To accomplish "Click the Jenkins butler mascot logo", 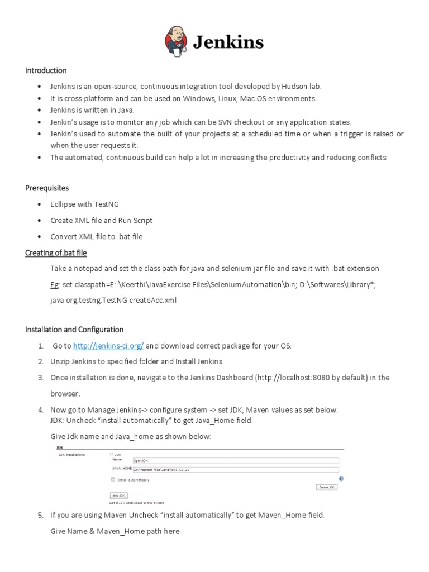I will point(178,42).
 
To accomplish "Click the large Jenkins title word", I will point(228,42).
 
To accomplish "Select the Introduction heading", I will point(46,70).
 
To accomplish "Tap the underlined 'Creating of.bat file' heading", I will point(56,252).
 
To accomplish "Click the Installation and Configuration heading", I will point(74,330).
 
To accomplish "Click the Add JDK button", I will point(119,495).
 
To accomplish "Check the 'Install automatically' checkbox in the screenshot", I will point(113,479).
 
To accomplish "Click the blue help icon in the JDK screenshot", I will point(341,479).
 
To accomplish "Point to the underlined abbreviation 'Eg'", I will point(54,284).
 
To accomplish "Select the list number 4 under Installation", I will point(41,410).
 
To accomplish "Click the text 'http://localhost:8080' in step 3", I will point(293,378).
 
